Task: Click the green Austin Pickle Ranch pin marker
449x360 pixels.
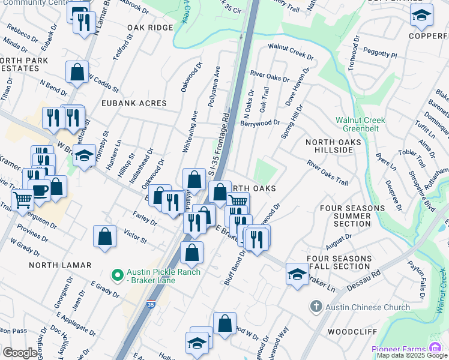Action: [x=118, y=276]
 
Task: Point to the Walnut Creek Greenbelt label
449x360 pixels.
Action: [x=360, y=124]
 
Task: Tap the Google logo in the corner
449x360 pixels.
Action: [x=19, y=353]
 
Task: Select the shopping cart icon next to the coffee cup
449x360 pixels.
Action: [x=23, y=200]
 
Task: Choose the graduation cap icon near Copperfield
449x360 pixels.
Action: [x=421, y=16]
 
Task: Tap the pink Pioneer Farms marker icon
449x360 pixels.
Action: [x=433, y=349]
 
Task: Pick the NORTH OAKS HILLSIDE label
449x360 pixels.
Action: [x=329, y=146]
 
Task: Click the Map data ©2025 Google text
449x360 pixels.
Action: [x=412, y=355]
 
